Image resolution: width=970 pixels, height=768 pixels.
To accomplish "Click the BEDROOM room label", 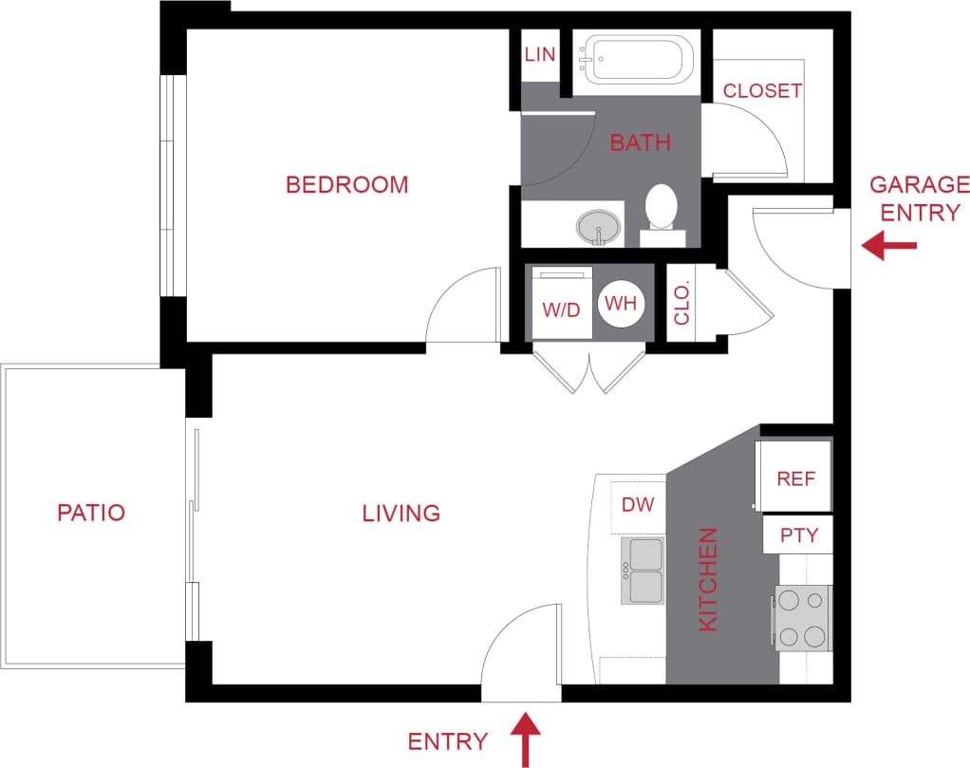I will pyautogui.click(x=347, y=184).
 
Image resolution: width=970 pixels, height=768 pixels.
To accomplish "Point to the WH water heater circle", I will pyautogui.click(x=621, y=304).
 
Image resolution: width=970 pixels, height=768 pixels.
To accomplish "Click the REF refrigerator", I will pyautogui.click(x=795, y=477).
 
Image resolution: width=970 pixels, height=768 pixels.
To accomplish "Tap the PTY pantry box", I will pyautogui.click(x=797, y=534).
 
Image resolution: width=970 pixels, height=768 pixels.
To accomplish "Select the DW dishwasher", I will pyautogui.click(x=638, y=504).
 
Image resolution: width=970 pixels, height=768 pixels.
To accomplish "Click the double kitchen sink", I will pyautogui.click(x=643, y=571).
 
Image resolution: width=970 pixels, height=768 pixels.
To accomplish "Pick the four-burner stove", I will pyautogui.click(x=803, y=618).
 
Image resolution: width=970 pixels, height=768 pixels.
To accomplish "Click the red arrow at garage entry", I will pyautogui.click(x=888, y=246).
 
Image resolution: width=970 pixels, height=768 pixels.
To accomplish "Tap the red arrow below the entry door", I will pyautogui.click(x=524, y=738).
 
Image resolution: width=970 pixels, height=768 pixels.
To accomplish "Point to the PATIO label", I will pyautogui.click(x=91, y=513).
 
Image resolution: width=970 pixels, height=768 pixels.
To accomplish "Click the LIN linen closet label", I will pyautogui.click(x=540, y=54).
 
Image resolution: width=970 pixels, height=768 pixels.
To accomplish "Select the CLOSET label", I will pyautogui.click(x=762, y=91).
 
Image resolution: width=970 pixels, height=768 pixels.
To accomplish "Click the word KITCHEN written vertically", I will pyautogui.click(x=709, y=580).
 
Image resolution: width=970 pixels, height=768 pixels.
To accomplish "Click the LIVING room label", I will pyautogui.click(x=401, y=514).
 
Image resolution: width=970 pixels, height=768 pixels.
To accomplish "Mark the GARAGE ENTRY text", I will pyautogui.click(x=918, y=197).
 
